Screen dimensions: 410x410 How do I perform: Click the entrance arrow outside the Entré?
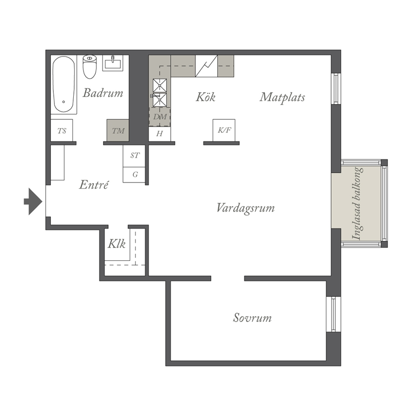point(33,201)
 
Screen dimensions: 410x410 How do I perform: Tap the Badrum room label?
point(103,93)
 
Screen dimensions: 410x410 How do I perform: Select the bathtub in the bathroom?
point(64,84)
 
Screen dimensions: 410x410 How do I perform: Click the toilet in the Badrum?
point(90,67)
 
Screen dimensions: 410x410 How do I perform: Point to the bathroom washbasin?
point(113,63)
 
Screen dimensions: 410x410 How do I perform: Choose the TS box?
point(61,131)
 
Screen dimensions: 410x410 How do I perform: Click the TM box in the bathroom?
point(118,131)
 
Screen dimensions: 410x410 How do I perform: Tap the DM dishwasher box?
point(160,117)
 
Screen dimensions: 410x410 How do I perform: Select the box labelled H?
point(159,134)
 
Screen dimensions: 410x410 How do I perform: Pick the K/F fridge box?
point(224,130)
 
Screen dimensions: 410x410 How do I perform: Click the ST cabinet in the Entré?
point(134,156)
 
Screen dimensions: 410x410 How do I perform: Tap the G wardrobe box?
point(134,175)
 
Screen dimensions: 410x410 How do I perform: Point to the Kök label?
point(206,97)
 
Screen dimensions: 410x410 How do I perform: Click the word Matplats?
point(282,97)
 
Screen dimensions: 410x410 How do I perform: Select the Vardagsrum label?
point(246,209)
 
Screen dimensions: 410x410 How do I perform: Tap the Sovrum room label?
point(252,318)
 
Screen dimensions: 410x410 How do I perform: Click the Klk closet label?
point(117,244)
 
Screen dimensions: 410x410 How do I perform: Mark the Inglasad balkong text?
point(357,203)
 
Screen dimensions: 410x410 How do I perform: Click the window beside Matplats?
point(336,89)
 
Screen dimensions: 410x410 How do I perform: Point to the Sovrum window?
point(334,314)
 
